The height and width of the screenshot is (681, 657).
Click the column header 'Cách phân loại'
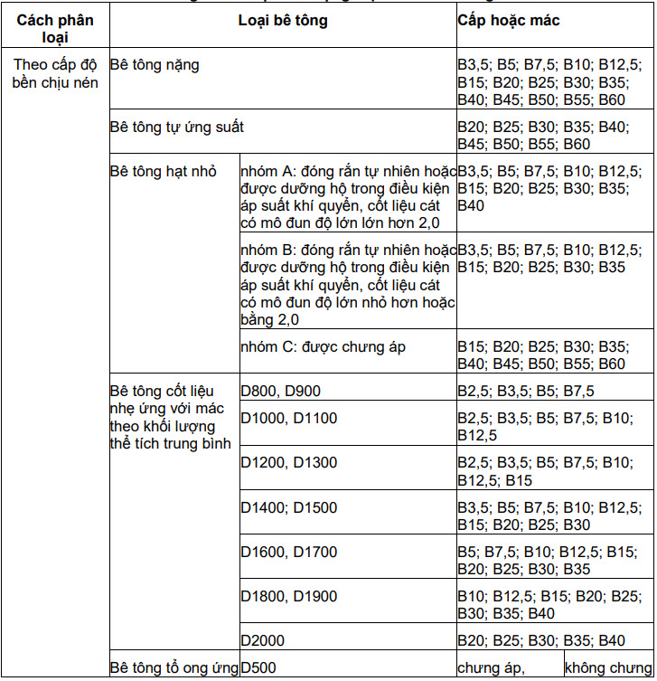(x=55, y=28)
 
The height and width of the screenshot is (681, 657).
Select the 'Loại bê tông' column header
(x=283, y=20)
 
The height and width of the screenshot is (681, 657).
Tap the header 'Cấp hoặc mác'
(x=509, y=20)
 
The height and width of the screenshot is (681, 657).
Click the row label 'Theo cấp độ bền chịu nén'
(x=55, y=74)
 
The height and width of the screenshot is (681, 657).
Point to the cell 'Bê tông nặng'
(x=155, y=65)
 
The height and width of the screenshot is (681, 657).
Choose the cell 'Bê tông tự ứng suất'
(x=177, y=127)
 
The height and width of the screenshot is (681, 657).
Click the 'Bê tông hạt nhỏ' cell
(x=163, y=171)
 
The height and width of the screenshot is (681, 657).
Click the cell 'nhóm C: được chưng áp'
(x=324, y=346)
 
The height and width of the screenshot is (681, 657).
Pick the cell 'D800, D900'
(x=281, y=391)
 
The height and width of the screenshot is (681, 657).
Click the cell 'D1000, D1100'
(x=288, y=419)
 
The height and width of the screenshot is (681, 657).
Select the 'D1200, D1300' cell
(x=288, y=463)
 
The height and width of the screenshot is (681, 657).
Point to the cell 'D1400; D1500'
(x=288, y=507)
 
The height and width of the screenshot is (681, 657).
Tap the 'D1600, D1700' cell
(x=288, y=552)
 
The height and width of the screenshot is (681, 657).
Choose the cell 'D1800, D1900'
(x=288, y=596)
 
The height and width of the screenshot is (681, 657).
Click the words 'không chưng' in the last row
(x=607, y=668)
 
